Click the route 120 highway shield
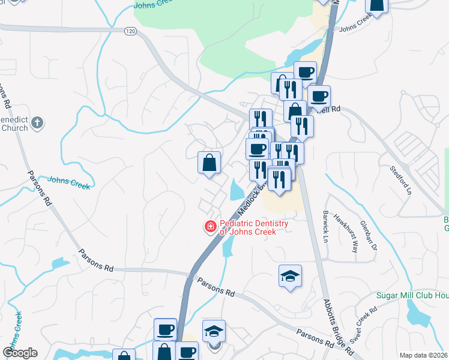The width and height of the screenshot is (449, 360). (130, 31)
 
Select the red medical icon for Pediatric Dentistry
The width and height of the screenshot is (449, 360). (210, 227)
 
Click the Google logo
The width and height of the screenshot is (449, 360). (20, 352)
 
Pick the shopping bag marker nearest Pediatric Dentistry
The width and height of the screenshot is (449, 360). (209, 163)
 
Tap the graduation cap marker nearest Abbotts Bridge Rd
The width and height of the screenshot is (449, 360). (290, 277)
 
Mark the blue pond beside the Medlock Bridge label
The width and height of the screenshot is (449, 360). (236, 191)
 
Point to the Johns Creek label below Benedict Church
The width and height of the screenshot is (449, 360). (68, 182)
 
